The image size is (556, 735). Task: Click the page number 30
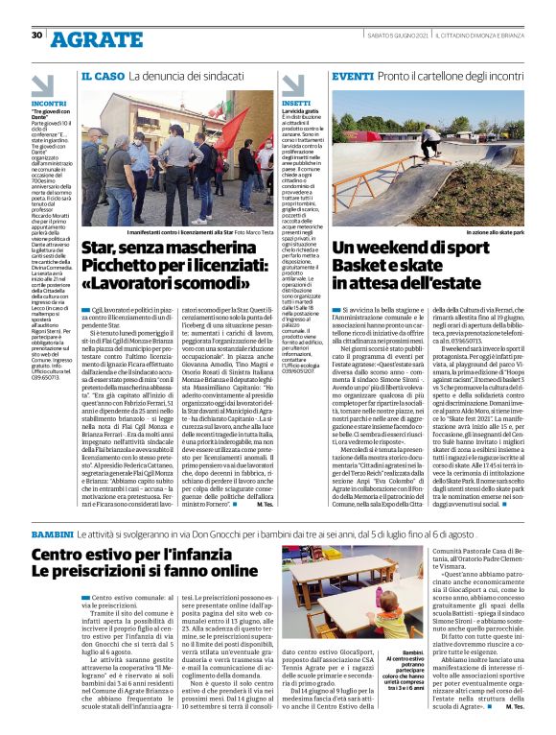pos(37,36)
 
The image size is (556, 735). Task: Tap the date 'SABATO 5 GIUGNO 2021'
pos(390,36)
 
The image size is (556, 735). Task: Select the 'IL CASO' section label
pos(103,75)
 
